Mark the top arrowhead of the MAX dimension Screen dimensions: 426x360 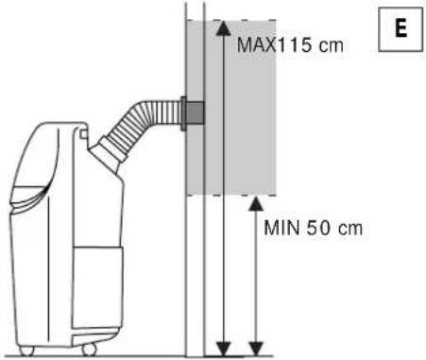pyautogui.click(x=221, y=27)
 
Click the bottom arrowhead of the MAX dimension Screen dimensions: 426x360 pyautogui.click(x=221, y=346)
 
